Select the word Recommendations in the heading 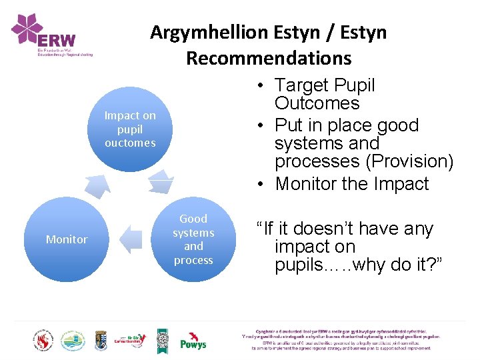pyautogui.click(x=269, y=58)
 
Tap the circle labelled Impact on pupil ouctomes pyautogui.click(x=130, y=129)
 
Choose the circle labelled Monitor pyautogui.click(x=67, y=239)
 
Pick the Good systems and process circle pyautogui.click(x=193, y=239)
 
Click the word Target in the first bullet pyautogui.click(x=303, y=85)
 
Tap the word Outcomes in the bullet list pyautogui.click(x=317, y=103)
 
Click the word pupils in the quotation pyautogui.click(x=299, y=265)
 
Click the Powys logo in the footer pyautogui.click(x=193, y=341)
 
